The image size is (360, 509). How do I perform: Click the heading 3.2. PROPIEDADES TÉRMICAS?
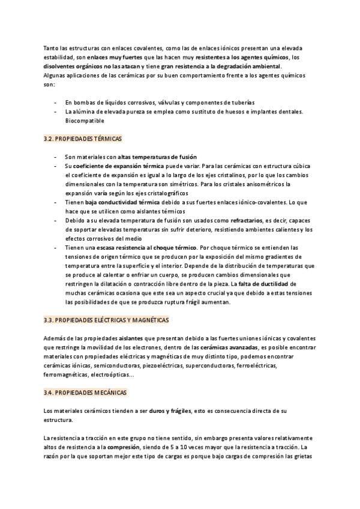83,139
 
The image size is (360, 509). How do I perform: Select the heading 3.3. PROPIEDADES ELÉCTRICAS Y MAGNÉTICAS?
107,321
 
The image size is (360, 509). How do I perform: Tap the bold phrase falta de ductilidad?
263,284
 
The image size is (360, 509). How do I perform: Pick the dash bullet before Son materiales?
56,157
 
